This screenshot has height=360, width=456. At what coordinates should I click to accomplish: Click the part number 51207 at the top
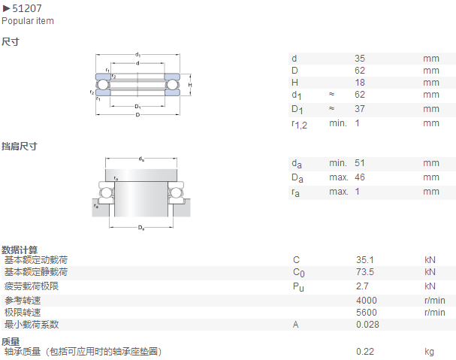click(x=27, y=8)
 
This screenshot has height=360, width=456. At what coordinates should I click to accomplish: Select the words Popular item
click(x=28, y=21)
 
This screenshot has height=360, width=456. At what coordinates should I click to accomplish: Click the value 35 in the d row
click(x=360, y=58)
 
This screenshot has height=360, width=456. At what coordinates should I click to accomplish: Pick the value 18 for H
click(x=360, y=83)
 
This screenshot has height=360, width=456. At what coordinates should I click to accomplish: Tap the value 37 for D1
click(x=360, y=108)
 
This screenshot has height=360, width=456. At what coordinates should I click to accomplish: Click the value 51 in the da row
click(x=360, y=162)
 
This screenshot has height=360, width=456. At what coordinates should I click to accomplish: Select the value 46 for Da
click(x=360, y=177)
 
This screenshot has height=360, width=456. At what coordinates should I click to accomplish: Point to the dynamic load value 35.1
click(x=365, y=259)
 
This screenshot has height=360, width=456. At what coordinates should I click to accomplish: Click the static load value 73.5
click(x=365, y=272)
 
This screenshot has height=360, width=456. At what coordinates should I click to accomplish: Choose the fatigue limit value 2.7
click(x=362, y=286)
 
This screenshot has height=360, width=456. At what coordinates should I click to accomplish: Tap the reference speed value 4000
click(x=367, y=301)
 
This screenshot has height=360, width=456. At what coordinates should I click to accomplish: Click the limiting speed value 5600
click(x=367, y=312)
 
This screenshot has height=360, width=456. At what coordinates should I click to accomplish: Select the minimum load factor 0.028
click(x=367, y=325)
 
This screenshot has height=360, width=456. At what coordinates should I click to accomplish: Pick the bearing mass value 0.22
click(x=365, y=352)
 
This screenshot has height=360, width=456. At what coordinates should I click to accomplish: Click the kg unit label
click(x=429, y=352)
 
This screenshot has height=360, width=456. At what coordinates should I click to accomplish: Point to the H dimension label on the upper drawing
click(x=190, y=85)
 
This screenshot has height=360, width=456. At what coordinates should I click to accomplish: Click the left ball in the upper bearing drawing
click(x=102, y=85)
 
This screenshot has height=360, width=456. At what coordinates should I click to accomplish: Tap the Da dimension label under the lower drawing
click(x=141, y=228)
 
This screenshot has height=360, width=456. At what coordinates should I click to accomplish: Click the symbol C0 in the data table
click(x=299, y=273)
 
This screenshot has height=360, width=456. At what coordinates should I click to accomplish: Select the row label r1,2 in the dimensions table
click(x=299, y=125)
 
